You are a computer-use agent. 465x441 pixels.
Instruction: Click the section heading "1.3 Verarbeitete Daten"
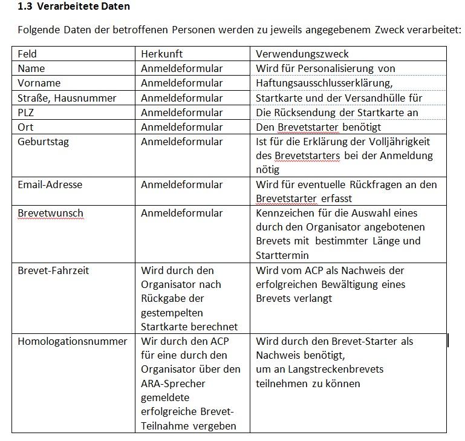pyautogui.click(x=74, y=7)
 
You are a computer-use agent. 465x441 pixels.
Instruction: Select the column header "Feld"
pyautogui.click(x=27, y=54)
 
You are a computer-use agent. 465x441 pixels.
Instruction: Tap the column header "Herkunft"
pyautogui.click(x=161, y=54)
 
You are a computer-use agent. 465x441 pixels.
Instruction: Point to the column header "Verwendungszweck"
pyautogui.click(x=302, y=54)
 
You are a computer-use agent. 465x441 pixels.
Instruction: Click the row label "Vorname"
pyautogui.click(x=39, y=83)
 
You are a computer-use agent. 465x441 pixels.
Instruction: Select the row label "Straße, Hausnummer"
pyautogui.click(x=67, y=97)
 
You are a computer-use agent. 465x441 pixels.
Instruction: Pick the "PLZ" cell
pyautogui.click(x=27, y=112)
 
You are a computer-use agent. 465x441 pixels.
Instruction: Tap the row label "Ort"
pyautogui.click(x=25, y=127)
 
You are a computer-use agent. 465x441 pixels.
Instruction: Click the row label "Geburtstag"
pyautogui.click(x=43, y=142)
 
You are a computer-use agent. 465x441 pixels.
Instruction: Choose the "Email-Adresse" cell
pyautogui.click(x=50, y=185)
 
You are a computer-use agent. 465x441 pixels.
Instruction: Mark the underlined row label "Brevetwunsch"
pyautogui.click(x=50, y=213)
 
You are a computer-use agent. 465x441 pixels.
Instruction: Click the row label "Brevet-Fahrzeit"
pyautogui.click(x=53, y=270)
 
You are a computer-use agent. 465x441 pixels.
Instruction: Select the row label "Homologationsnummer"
pyautogui.click(x=73, y=341)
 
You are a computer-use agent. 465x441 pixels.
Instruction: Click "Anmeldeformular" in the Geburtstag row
pyautogui.click(x=181, y=142)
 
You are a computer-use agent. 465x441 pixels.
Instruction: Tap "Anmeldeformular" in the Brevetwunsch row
pyautogui.click(x=181, y=213)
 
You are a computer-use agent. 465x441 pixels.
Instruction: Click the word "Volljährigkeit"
pyautogui.click(x=399, y=142)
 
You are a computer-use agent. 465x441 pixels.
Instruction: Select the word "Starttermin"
pyautogui.click(x=282, y=255)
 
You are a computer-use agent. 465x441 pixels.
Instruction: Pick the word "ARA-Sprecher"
pyautogui.click(x=173, y=384)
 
